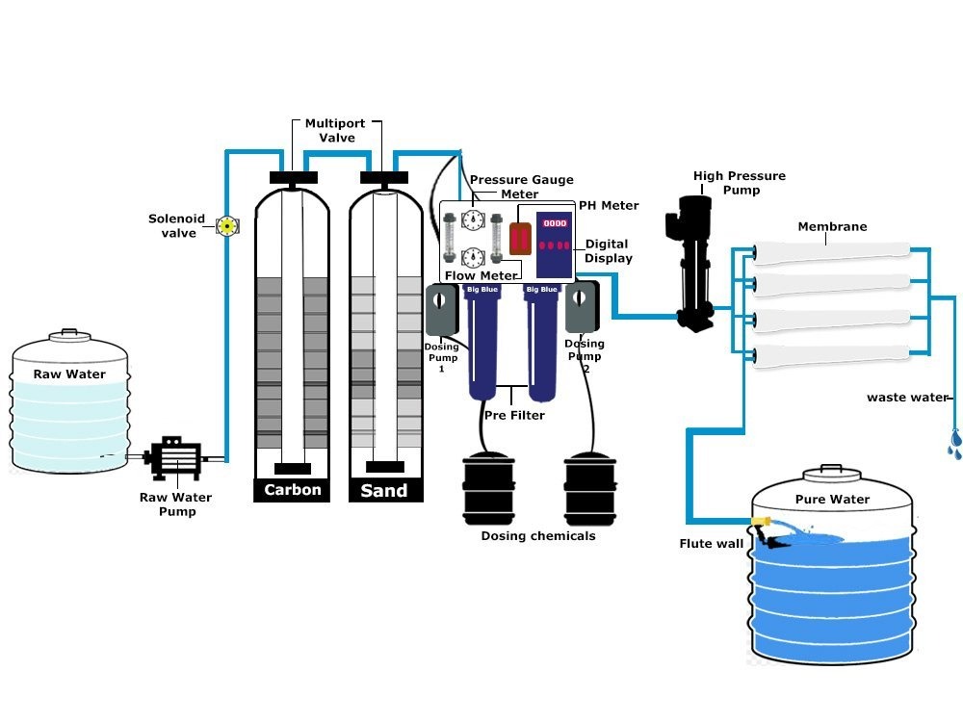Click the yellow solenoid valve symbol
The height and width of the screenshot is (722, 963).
tap(227, 226)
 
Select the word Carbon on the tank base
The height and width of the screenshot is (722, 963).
tap(293, 490)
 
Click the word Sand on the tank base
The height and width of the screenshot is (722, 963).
tap(383, 491)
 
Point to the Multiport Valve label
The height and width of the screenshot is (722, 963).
tap(330, 131)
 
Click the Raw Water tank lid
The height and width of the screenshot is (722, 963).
tap(68, 334)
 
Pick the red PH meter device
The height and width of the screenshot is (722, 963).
tap(520, 238)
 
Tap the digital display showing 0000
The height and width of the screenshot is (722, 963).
tap(556, 221)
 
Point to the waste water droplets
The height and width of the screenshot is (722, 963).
tap(954, 442)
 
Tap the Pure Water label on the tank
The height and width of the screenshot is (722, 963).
tap(832, 500)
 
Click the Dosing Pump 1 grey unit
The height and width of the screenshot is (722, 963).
tap(444, 310)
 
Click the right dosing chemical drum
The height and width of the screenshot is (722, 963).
tap(590, 486)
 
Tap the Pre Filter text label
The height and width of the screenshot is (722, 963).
tap(513, 416)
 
